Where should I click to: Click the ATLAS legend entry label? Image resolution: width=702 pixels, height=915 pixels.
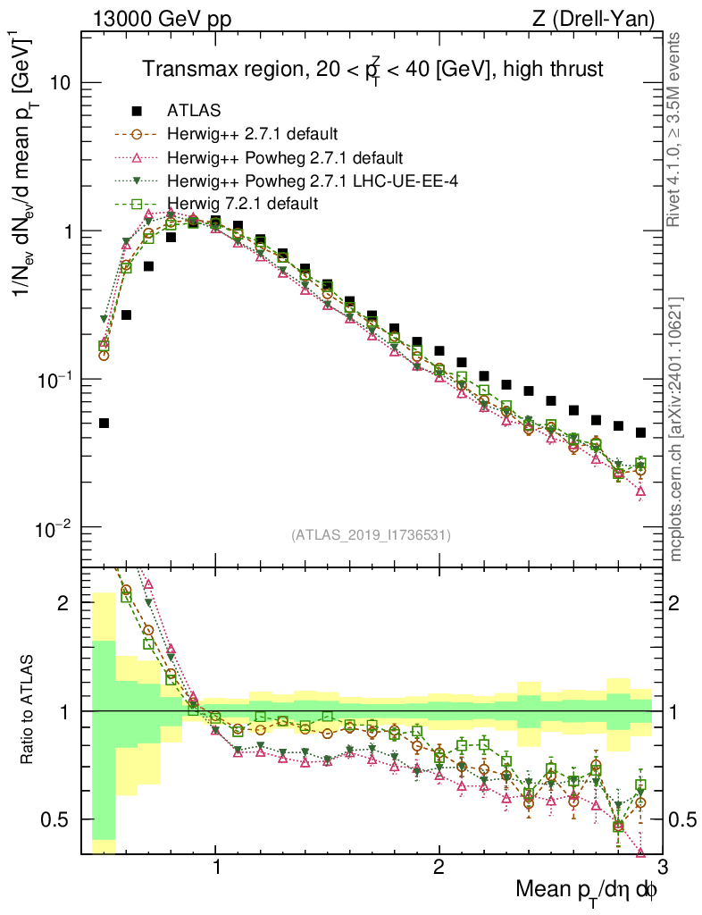(194, 111)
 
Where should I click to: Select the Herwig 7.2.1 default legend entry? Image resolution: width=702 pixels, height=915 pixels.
(242, 204)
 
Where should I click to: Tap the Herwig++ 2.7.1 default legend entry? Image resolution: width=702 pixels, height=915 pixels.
(252, 135)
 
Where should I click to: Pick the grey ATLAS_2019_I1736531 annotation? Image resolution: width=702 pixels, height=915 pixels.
(371, 535)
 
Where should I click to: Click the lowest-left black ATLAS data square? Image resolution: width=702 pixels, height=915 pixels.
(104, 424)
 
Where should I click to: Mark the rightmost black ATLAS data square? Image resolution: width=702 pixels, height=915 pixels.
(640, 432)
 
